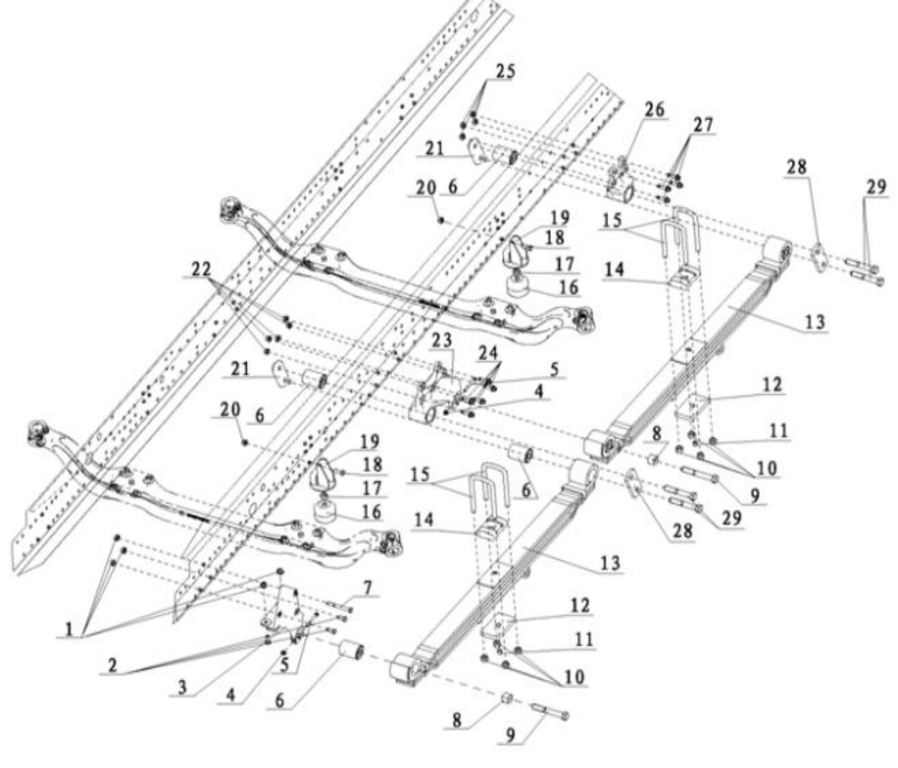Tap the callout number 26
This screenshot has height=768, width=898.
coord(654,110)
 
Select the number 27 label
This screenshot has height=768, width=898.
coord(703,125)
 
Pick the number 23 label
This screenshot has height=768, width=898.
coord(441,339)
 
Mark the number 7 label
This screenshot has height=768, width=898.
coord(367,588)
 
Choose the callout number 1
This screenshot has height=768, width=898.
coord(69,630)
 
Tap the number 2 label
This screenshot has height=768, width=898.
coord(112,665)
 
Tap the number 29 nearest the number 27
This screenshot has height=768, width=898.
coord(876,188)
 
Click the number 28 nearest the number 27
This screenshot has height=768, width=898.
coord(796,167)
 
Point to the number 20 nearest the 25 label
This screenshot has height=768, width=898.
coord(426,188)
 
